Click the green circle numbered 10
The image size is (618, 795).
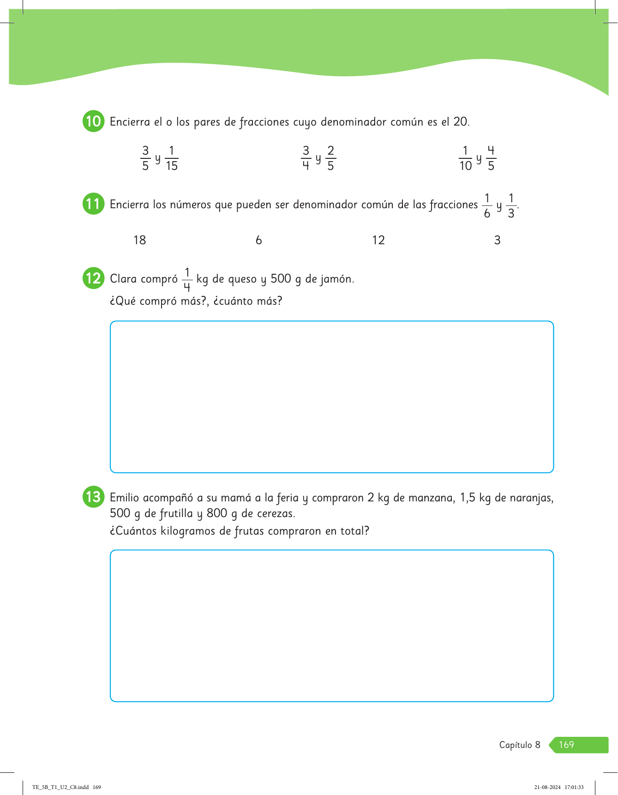(93, 121)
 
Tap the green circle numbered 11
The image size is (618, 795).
(93, 204)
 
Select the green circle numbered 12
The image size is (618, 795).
(93, 278)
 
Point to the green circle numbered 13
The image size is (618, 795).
(93, 497)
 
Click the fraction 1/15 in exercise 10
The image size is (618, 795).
(172, 158)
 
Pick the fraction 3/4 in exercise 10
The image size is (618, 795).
(306, 158)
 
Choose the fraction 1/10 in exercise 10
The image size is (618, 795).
(466, 158)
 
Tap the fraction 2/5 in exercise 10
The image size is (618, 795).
(330, 158)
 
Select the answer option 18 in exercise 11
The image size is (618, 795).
(139, 240)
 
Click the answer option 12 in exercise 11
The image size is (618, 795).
(378, 240)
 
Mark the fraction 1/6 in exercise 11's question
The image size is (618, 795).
(487, 206)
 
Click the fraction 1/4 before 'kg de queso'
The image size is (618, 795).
(187, 280)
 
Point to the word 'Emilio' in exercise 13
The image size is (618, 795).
(124, 498)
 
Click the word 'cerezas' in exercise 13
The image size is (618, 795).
(276, 513)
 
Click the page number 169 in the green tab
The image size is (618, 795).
(566, 745)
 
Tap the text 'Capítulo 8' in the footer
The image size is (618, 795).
(520, 745)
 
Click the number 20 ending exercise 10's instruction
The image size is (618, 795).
(461, 122)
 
